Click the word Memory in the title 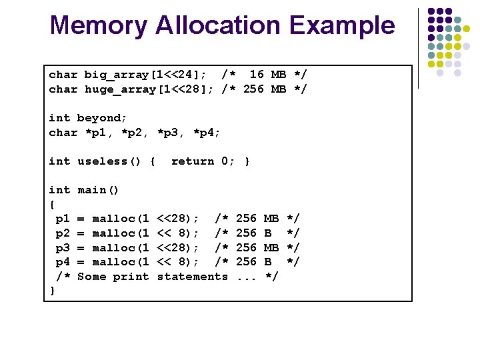(x=98, y=26)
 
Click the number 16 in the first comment (x=257, y=75)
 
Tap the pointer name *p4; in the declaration (x=207, y=133)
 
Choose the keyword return (x=193, y=161)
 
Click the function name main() (x=99, y=190)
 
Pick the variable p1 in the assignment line (x=63, y=219)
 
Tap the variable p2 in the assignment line (x=63, y=233)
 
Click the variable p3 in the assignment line (x=63, y=248)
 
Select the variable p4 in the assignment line (x=63, y=262)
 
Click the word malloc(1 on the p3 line (x=120, y=248)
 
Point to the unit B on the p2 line (x=268, y=233)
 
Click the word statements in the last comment (x=192, y=277)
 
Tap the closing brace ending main (x=53, y=291)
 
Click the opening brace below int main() (x=53, y=205)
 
